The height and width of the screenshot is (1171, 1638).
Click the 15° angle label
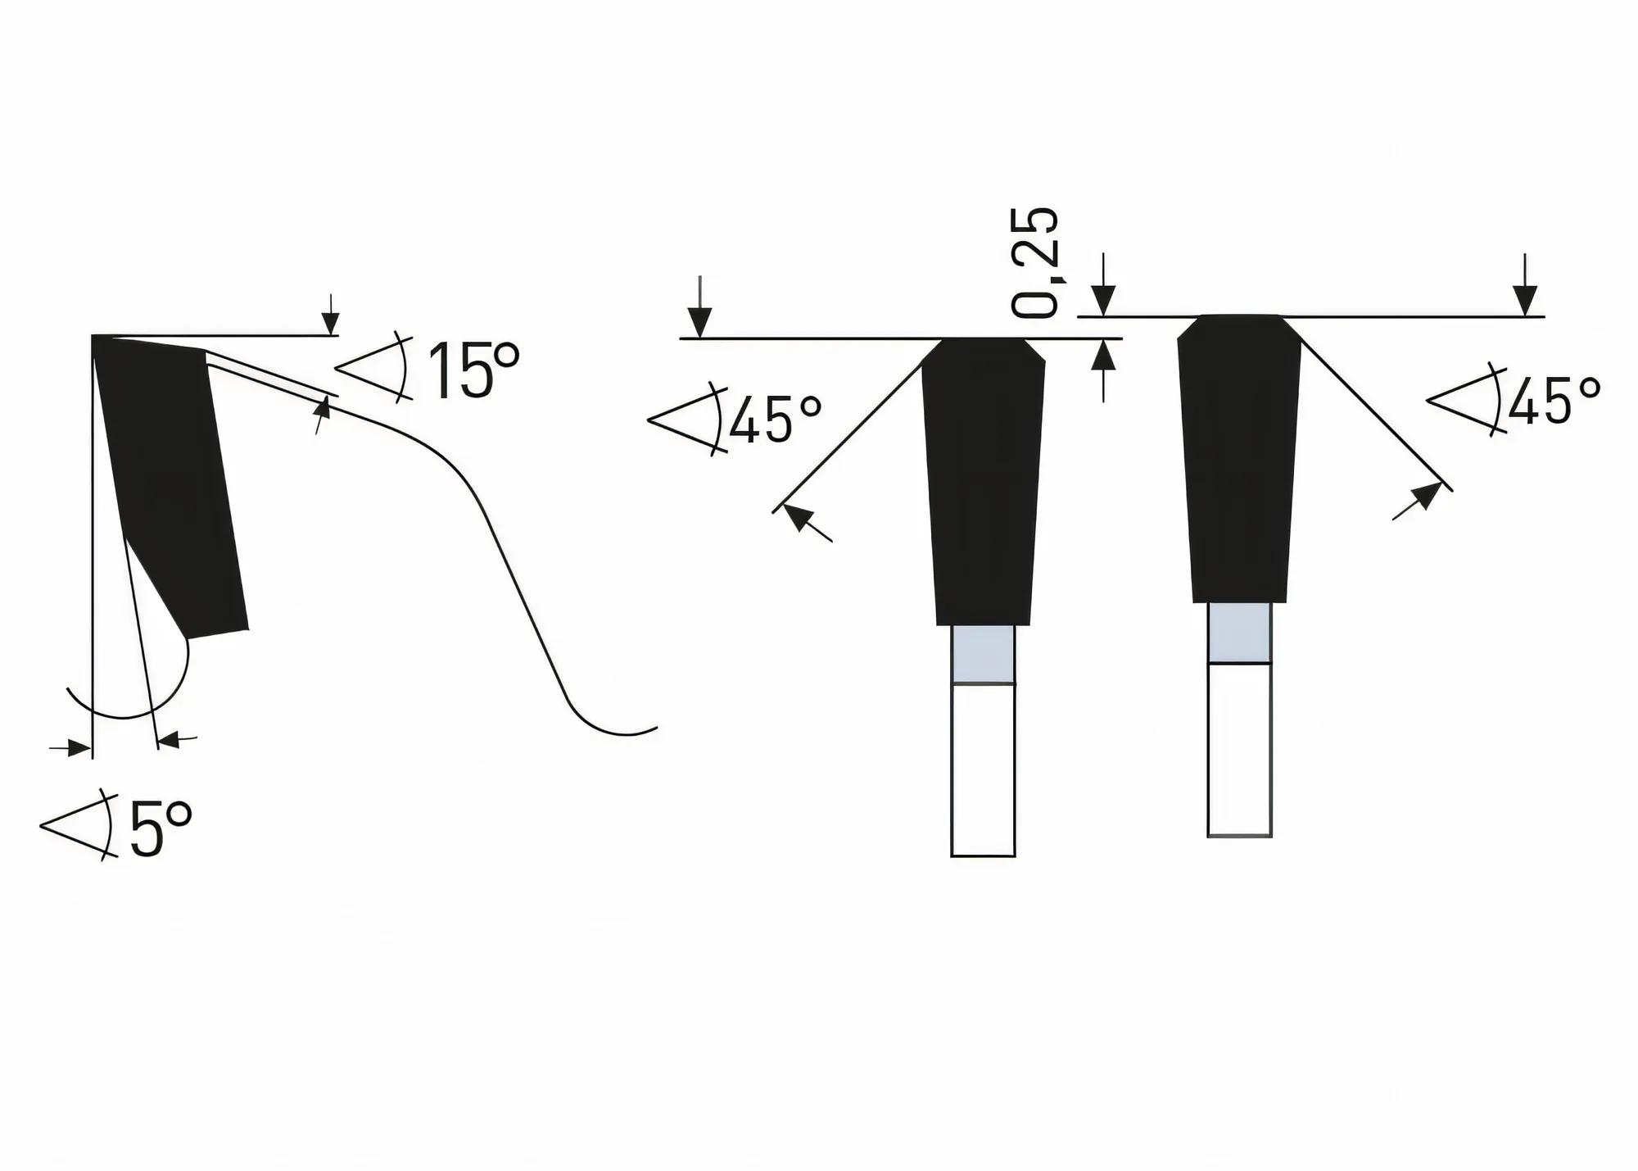coord(473,371)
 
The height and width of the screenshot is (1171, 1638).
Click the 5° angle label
coord(161,829)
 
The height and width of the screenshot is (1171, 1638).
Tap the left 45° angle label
coord(774,419)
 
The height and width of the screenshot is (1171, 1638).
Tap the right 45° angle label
coord(1553,402)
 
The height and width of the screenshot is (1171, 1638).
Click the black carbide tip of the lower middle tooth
coord(983,483)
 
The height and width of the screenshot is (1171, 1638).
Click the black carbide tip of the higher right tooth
coord(1239,459)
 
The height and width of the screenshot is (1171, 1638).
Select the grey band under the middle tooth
coord(983,654)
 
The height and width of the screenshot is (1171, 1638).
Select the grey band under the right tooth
coord(1239,633)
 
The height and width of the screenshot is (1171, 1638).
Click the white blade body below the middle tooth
coord(983,770)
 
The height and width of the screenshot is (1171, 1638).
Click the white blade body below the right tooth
coord(1239,750)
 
